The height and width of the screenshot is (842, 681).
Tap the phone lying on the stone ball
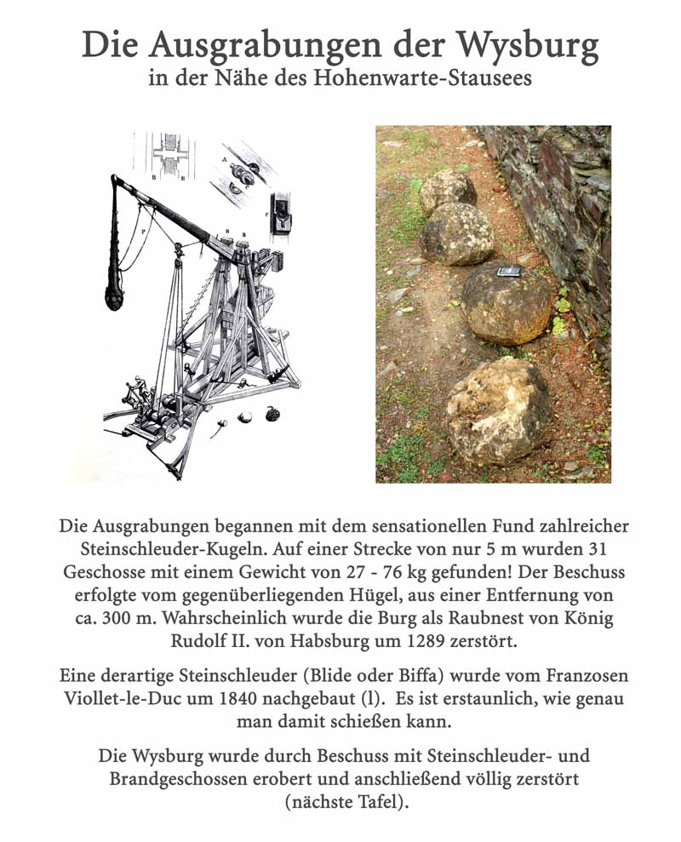pyautogui.click(x=507, y=272)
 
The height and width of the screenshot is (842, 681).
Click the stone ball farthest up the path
pyautogui.click(x=448, y=189)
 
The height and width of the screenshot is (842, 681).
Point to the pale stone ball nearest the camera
pyautogui.click(x=499, y=411)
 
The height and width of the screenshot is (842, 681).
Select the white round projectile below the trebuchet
pyautogui.click(x=245, y=417)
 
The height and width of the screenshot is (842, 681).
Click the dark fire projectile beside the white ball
pyautogui.click(x=274, y=413)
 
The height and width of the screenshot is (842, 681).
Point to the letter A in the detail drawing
pyautogui.click(x=224, y=159)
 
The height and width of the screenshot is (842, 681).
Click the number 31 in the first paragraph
pyautogui.click(x=597, y=548)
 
